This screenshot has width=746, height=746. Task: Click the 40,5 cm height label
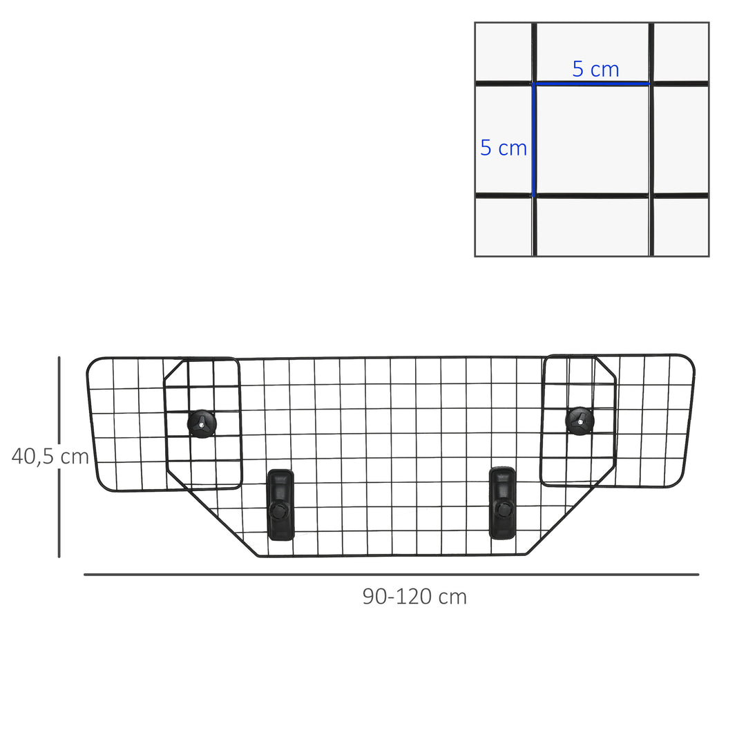coord(50,457)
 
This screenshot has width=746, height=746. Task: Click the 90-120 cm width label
coord(414,596)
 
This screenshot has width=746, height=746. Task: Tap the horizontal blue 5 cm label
coord(595,69)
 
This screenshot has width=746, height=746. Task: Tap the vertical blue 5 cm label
coord(504,148)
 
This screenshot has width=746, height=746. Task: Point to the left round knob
coord(202,423)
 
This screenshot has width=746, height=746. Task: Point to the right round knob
coord(580,420)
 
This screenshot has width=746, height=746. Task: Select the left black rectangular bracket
coord(280,504)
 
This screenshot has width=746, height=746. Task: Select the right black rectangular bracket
coord(502,502)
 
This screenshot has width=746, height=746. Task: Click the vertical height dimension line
coord(59,456)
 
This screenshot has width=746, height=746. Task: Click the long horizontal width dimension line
coord(391,574)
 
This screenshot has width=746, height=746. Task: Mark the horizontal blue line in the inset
coord(591,84)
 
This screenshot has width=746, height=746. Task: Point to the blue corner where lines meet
coord(533,84)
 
